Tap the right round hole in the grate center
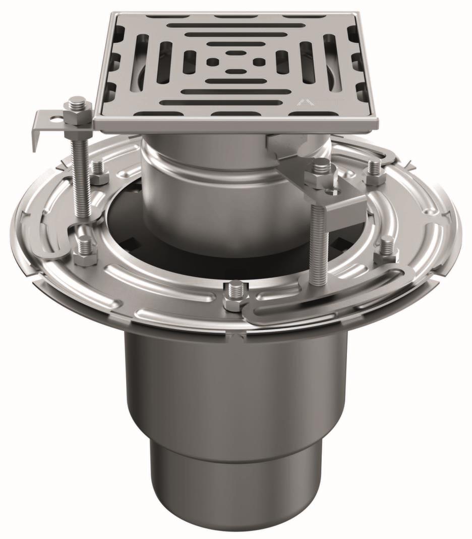click(258, 62)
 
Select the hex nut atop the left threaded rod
click(77, 106)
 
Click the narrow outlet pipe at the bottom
click(236, 484)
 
